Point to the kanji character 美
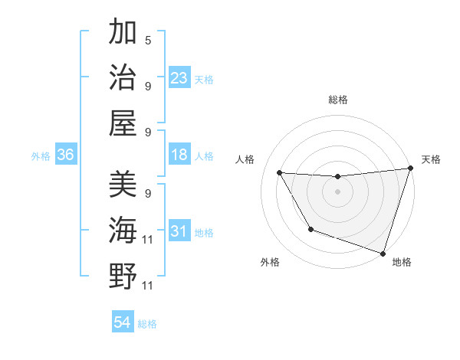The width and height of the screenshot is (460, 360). tap(123, 185)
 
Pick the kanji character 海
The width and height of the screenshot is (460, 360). tap(123, 230)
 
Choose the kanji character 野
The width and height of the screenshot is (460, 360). tap(123, 275)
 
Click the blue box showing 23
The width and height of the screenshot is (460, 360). tap(179, 78)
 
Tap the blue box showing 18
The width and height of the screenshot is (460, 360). tap(179, 155)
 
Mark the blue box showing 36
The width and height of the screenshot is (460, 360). tap(66, 155)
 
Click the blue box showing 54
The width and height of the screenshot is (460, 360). tap(123, 322)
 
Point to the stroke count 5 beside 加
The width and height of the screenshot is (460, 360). tap(148, 41)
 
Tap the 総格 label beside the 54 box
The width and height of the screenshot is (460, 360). tap(147, 324)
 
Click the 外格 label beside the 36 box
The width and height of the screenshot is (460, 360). tap(41, 156)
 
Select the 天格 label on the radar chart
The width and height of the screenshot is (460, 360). tap(431, 159)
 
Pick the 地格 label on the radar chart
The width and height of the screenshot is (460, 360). tap(402, 262)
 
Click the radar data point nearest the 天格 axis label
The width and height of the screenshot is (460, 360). tap(410, 169)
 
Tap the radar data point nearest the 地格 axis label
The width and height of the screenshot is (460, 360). tap(383, 253)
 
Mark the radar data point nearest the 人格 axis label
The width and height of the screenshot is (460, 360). tap(279, 173)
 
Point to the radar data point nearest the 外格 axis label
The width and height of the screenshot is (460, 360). tap(310, 229)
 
